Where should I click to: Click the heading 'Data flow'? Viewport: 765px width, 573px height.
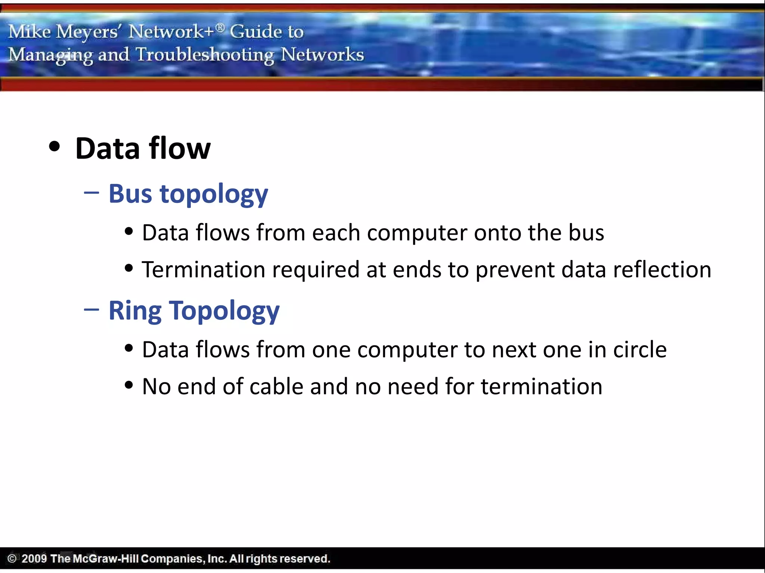143,148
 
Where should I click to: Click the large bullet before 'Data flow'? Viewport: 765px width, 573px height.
55,146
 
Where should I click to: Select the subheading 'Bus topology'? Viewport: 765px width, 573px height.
188,194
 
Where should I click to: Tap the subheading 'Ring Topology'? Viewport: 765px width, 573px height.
194,311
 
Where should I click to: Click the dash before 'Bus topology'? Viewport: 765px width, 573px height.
92,192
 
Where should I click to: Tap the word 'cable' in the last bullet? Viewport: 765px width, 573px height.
276,386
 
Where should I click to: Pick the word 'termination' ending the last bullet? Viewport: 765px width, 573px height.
541,386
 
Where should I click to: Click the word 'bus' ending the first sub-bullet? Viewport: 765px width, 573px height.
586,233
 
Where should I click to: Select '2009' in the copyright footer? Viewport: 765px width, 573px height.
34,558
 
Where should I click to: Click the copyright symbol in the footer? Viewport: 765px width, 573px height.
12,558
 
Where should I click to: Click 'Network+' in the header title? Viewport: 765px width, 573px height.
171,31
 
